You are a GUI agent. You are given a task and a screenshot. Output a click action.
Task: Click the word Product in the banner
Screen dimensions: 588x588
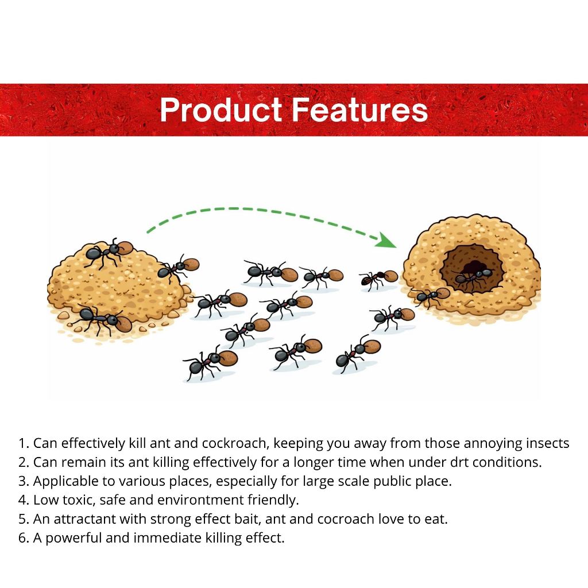click(221, 110)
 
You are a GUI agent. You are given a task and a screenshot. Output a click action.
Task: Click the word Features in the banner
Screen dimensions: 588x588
click(359, 110)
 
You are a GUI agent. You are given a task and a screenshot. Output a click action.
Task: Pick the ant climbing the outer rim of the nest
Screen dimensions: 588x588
click(430, 296)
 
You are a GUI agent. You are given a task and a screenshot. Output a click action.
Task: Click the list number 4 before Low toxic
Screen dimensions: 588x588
click(22, 500)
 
